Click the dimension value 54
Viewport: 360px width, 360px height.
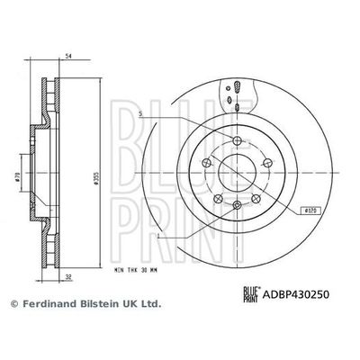click(69, 56)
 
